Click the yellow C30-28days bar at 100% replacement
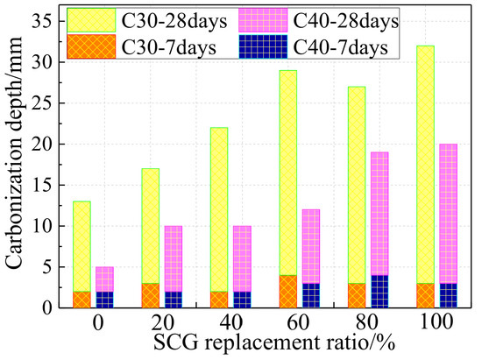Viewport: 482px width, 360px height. [x=425, y=165]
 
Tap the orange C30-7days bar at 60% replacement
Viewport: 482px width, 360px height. [x=288, y=292]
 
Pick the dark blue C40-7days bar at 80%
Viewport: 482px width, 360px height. [x=380, y=292]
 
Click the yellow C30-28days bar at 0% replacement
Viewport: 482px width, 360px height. [x=82, y=247]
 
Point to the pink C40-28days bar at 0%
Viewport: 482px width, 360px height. [x=104, y=279]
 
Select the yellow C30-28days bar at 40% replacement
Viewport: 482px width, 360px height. [x=219, y=209]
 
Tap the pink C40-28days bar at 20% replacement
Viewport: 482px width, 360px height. [x=174, y=259]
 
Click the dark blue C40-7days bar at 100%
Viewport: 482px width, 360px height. [x=449, y=295]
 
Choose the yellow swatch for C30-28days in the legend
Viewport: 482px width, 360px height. [x=91, y=20]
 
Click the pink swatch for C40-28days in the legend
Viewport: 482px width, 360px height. [x=263, y=20]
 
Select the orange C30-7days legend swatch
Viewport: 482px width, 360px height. [x=91, y=46]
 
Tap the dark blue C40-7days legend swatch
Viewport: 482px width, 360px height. [x=263, y=46]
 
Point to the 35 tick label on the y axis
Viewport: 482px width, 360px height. [x=43, y=22]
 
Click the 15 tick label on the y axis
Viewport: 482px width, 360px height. [x=43, y=185]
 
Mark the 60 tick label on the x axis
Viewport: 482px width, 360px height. [x=299, y=322]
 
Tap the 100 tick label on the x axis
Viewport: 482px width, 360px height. [x=436, y=322]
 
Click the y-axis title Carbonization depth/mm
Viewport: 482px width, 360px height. [x=13, y=152]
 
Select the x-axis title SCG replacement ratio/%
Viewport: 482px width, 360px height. [x=274, y=342]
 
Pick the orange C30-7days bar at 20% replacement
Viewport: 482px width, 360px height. [x=151, y=295]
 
